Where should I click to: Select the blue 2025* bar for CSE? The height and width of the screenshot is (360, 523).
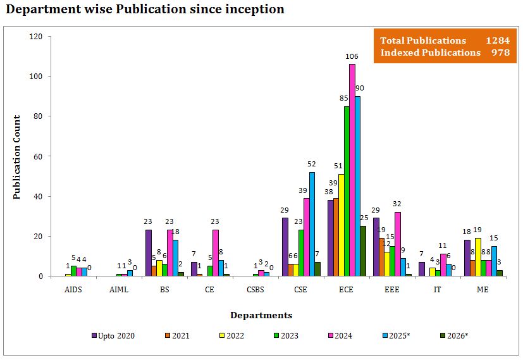coord(312,224)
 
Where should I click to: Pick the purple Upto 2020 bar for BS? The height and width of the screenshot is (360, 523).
coord(149,253)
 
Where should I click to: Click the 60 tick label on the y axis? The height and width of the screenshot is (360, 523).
coord(37,156)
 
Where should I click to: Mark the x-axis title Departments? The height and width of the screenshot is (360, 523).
coord(261,315)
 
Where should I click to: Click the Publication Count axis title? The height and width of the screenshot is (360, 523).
coord(17,157)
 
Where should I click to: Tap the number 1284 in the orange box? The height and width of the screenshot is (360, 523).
coord(497,40)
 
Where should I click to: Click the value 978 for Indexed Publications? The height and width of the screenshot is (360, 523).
coord(500,53)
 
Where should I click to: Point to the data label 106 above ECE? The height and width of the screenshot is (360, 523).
coord(352,57)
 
